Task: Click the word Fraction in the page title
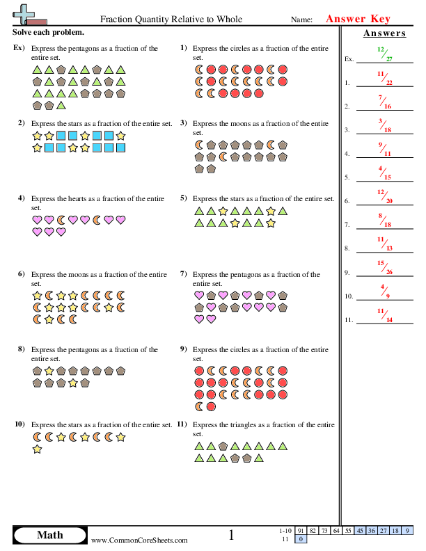click(x=119, y=20)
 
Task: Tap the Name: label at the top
click(x=301, y=21)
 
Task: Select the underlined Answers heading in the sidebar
click(x=384, y=33)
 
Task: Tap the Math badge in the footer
click(x=49, y=534)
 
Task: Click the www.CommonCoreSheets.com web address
click(x=139, y=540)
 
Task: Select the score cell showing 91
click(x=301, y=530)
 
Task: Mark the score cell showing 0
click(x=301, y=539)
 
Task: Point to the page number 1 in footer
click(x=232, y=534)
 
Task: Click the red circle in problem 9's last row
click(x=211, y=406)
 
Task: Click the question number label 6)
click(x=22, y=274)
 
